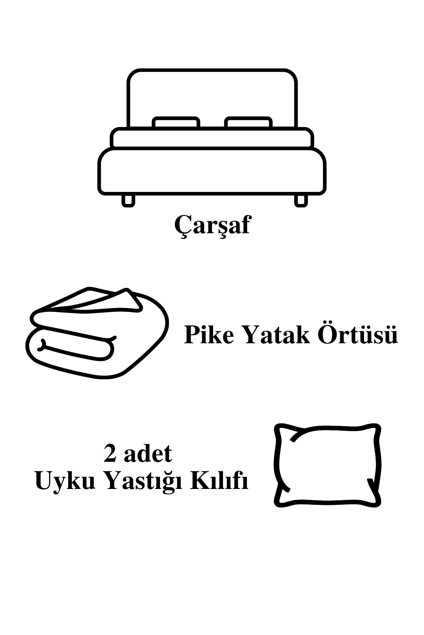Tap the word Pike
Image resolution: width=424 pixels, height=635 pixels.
[209, 335]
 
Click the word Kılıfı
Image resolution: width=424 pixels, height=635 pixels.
[219, 482]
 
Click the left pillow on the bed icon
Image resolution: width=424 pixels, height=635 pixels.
[176, 123]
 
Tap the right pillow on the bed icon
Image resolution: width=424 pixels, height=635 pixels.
[248, 123]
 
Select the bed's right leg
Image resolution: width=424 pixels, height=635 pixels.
[301, 200]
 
